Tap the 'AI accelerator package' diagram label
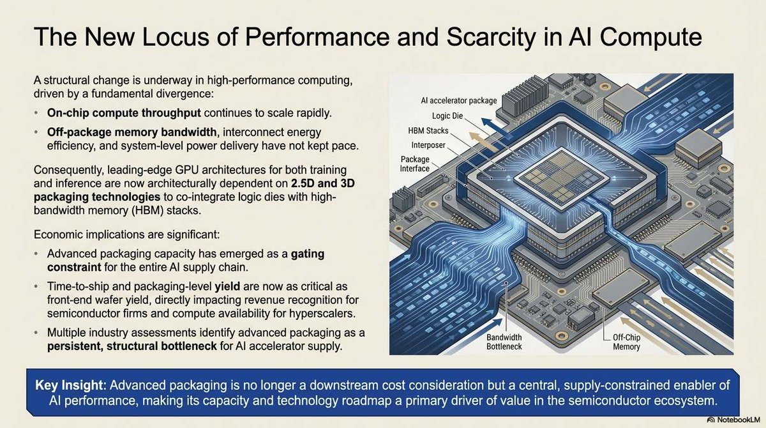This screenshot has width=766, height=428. click(458, 100)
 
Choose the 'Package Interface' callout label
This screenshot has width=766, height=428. click(416, 164)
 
